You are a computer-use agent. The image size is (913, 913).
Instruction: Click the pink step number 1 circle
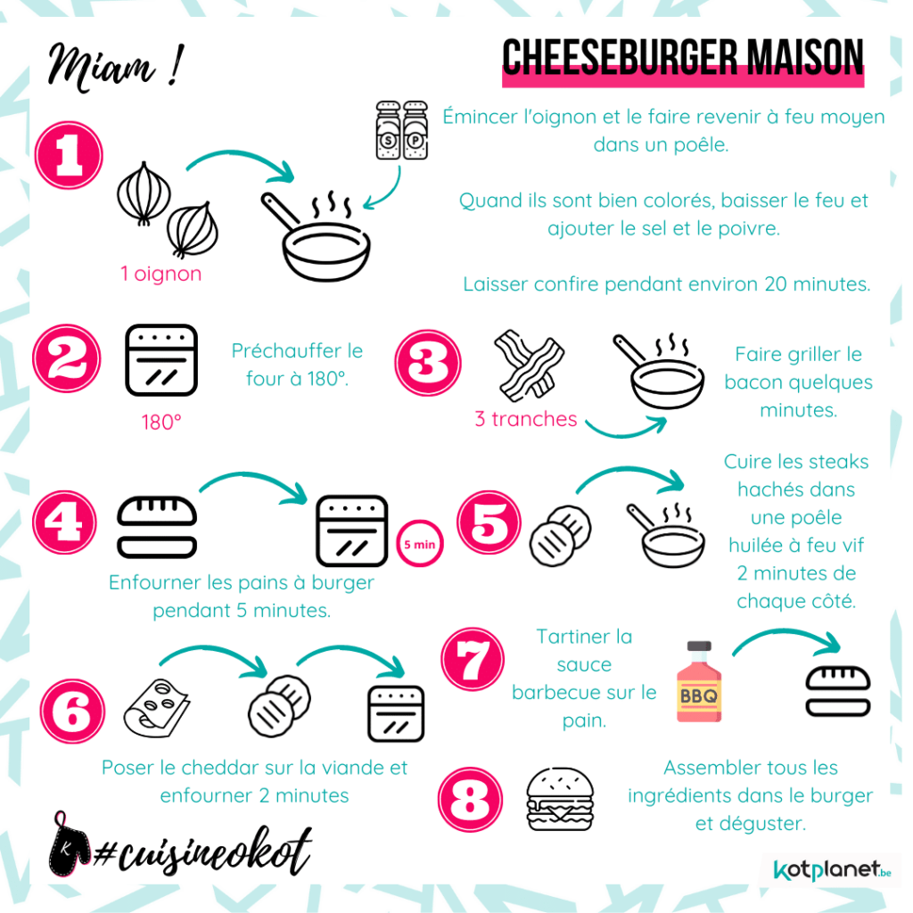[x=69, y=155]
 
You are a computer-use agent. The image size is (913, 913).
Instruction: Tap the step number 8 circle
[x=470, y=800]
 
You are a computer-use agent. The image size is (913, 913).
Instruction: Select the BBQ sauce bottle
[x=699, y=681]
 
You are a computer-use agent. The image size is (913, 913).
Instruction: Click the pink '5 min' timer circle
[x=420, y=544]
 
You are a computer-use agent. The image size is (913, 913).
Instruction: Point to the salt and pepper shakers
[x=402, y=130]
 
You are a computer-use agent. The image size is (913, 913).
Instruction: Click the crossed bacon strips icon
[x=529, y=366]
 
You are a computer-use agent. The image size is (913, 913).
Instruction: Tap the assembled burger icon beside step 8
[x=560, y=799]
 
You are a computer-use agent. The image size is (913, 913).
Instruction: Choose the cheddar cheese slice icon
[x=157, y=708]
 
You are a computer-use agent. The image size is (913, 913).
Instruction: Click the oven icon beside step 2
[x=161, y=360]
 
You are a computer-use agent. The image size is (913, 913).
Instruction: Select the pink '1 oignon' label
[x=160, y=274]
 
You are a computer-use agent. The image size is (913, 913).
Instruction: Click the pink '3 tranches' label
[x=526, y=419]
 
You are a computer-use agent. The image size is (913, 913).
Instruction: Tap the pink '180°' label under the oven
[x=161, y=422]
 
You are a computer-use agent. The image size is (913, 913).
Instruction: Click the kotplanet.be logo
[x=832, y=870]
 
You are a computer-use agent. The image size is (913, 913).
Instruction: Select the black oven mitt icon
[x=69, y=844]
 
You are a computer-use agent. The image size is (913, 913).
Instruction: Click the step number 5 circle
[x=489, y=522]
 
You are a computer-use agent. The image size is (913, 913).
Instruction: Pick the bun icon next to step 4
[x=157, y=527]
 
